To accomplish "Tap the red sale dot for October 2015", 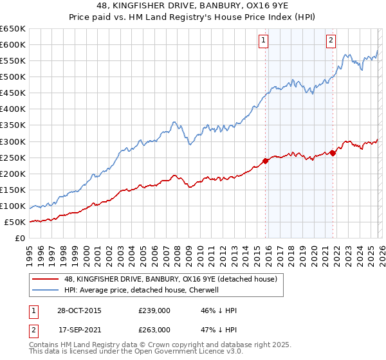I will (x=265, y=161).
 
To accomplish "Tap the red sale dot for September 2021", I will (x=333, y=152).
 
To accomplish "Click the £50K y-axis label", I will (x=15, y=222).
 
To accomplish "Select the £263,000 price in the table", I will (x=154, y=329).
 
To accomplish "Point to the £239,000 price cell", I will (x=154, y=310).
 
